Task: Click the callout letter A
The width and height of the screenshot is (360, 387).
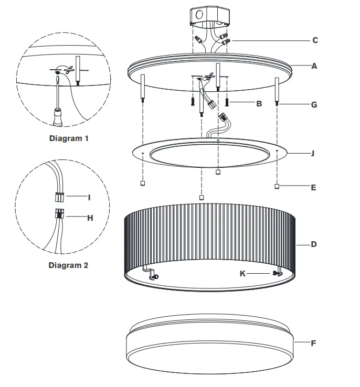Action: (x=314, y=67)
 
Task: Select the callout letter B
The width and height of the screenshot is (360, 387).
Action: (x=259, y=104)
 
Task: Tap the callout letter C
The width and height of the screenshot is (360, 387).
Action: (x=314, y=40)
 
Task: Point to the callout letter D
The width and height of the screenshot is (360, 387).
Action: (x=314, y=244)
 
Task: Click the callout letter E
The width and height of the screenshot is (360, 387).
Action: (x=313, y=187)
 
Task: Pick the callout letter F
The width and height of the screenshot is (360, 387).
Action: (x=313, y=343)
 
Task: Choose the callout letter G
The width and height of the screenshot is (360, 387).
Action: (x=314, y=105)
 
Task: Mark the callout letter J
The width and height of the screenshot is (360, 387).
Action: (x=313, y=154)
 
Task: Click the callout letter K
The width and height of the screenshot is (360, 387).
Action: (x=242, y=274)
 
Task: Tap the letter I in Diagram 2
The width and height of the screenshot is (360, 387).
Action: (x=89, y=198)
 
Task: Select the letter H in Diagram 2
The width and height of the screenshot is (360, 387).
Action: (x=90, y=218)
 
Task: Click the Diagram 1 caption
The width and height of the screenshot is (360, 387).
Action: (x=69, y=139)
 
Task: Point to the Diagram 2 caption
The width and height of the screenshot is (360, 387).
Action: (x=68, y=265)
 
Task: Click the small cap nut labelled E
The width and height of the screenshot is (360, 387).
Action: (x=277, y=187)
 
